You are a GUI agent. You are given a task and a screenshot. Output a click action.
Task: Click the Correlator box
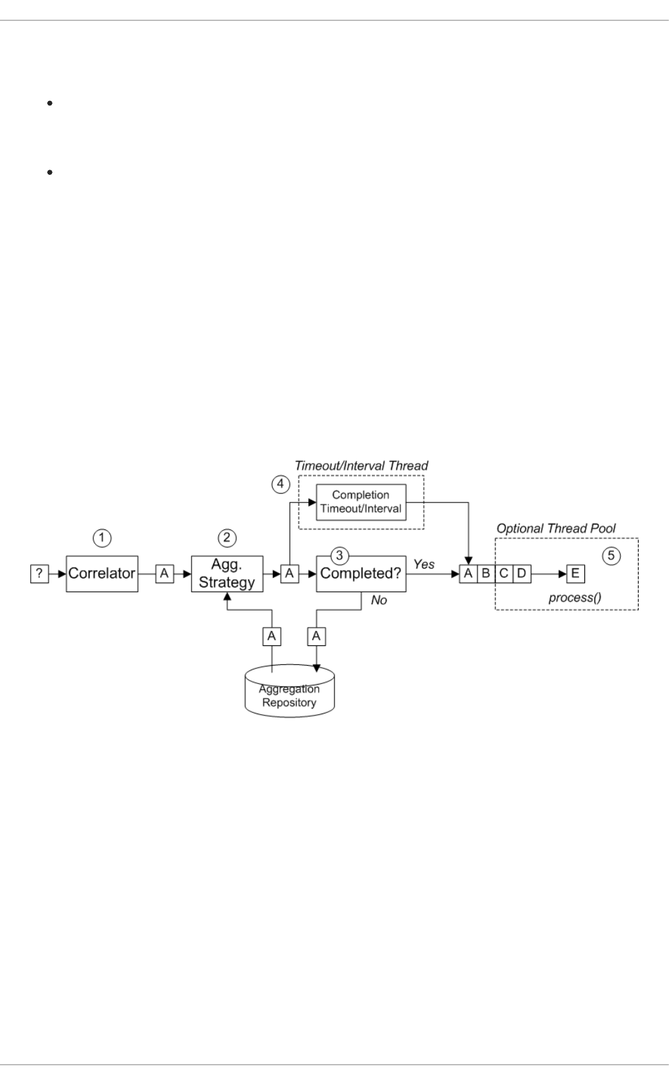coord(102,573)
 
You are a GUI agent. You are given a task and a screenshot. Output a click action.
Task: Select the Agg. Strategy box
coord(227,573)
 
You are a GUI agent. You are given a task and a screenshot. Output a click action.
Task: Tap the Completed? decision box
coord(361,574)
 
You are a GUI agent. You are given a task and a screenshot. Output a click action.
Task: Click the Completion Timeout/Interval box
coord(361,502)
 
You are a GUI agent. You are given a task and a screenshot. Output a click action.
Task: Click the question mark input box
coord(39,573)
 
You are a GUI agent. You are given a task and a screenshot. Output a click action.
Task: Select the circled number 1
coord(102,538)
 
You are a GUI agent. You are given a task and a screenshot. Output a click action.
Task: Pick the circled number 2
coord(227,538)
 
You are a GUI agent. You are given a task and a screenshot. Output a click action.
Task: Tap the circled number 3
coord(339,556)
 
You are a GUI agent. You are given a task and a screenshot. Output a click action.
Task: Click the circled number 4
coord(281,484)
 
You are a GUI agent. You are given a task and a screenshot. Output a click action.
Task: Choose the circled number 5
coord(611,556)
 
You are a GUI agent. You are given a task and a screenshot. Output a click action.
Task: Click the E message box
coord(575,574)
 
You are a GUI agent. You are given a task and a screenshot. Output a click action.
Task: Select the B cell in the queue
coord(486,574)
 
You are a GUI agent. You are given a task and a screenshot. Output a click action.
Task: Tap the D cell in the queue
coord(521,574)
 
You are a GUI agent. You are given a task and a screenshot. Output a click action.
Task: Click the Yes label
coord(424,564)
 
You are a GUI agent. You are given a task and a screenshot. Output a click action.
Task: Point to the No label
coord(379,600)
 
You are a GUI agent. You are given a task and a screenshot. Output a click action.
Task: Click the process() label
coord(575,598)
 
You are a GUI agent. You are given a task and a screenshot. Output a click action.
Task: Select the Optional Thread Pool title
coord(556,528)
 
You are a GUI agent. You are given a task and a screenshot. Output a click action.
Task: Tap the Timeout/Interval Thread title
coord(361,466)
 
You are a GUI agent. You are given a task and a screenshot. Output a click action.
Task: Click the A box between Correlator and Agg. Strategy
coord(164,573)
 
